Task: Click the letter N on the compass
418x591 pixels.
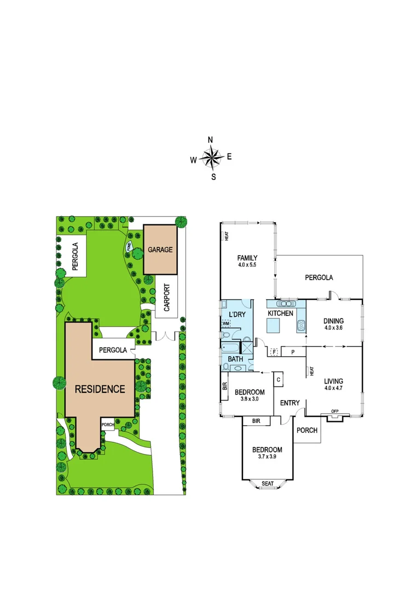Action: coord(211,140)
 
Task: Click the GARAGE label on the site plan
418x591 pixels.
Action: coord(160,250)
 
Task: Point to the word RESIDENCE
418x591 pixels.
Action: coord(100,389)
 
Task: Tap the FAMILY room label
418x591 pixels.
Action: coord(247,258)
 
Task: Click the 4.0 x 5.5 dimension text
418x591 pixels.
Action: coord(247,265)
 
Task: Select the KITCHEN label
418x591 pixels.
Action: coord(281,314)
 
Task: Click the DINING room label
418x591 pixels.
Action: coord(334,322)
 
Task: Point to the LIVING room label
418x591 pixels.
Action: coord(334,381)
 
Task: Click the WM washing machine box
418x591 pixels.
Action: coord(225,323)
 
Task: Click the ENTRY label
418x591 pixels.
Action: coord(289,403)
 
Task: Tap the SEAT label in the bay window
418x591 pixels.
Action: coord(267,483)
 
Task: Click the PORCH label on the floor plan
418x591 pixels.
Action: coord(307,430)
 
